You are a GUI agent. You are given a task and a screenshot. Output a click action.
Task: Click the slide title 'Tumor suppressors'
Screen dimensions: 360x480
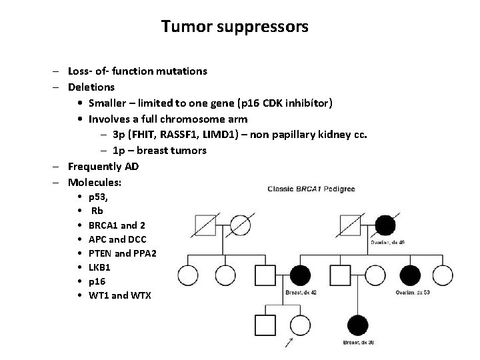point(235,27)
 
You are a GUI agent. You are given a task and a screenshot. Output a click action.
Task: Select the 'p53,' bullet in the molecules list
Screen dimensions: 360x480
point(102,198)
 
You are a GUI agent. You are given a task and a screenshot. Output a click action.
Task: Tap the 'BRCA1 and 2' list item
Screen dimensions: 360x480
point(116,225)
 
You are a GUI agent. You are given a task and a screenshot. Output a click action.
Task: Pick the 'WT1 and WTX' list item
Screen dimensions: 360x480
point(119,295)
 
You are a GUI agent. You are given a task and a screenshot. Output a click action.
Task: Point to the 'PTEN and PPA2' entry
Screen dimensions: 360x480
point(122,253)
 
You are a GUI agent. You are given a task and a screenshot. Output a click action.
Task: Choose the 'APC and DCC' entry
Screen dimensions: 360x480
point(117,239)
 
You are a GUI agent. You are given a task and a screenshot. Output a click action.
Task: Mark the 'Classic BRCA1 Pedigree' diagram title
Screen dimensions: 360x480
point(311,189)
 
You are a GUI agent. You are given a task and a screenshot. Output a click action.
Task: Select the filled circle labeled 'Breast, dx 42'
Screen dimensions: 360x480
point(299,274)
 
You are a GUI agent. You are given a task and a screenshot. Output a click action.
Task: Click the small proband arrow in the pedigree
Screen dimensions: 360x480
point(290,344)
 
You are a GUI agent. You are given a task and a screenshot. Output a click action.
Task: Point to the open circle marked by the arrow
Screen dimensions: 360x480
point(300,325)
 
